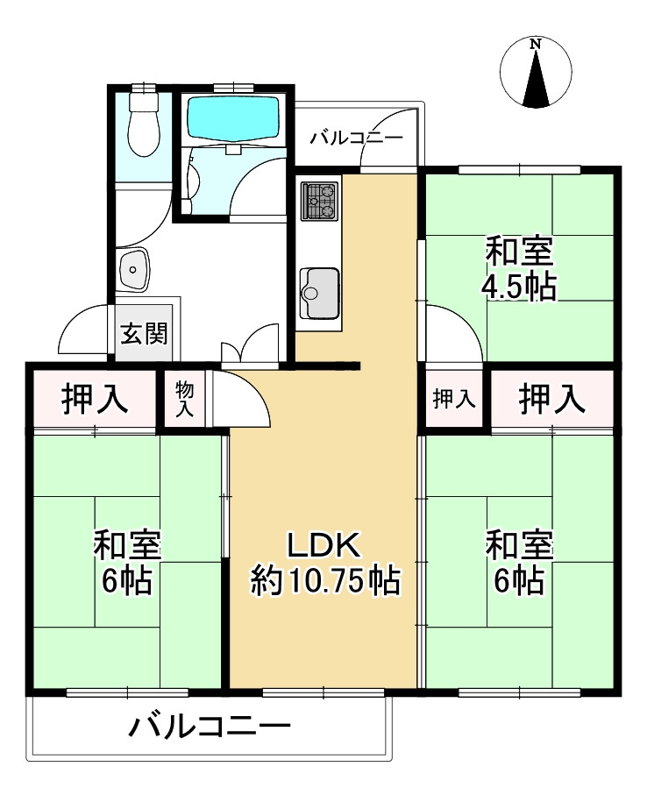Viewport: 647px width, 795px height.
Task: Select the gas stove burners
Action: pyautogui.click(x=319, y=202)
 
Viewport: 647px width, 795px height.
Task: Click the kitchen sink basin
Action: pyautogui.click(x=319, y=293)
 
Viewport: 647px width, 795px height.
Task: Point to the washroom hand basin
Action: pyautogui.click(x=134, y=270)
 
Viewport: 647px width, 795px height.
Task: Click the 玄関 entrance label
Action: pyautogui.click(x=144, y=334)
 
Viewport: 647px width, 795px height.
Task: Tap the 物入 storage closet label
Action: pyautogui.click(x=185, y=400)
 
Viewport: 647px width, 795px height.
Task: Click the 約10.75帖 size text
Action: pyautogui.click(x=325, y=580)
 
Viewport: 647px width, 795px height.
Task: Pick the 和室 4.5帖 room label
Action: pyautogui.click(x=519, y=269)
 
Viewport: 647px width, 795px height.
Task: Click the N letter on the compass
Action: pyautogui.click(x=535, y=45)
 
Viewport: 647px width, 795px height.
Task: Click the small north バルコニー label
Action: pyautogui.click(x=357, y=138)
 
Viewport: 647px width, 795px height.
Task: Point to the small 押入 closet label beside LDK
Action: pyautogui.click(x=454, y=400)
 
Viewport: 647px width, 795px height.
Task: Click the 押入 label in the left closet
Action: pyautogui.click(x=95, y=399)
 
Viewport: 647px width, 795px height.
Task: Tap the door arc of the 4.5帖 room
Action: pyautogui.click(x=464, y=324)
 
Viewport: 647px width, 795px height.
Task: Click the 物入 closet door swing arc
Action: pyautogui.click(x=252, y=390)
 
